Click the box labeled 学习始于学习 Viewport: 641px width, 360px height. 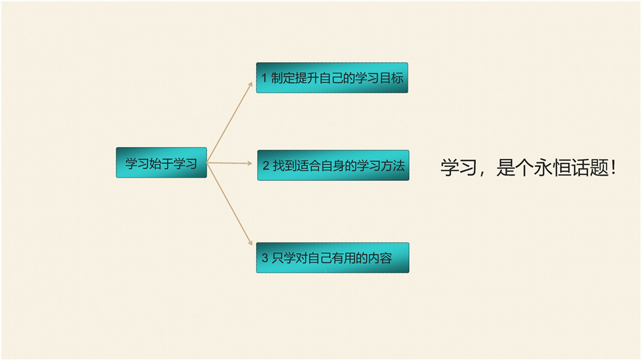tap(162, 162)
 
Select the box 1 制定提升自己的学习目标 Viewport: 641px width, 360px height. tap(332, 77)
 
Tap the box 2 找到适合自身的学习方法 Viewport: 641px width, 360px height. tap(333, 165)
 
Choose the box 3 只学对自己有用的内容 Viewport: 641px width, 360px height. tap(333, 258)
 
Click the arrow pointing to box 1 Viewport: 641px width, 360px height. tap(230, 122)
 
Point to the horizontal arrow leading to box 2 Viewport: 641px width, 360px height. tap(230, 163)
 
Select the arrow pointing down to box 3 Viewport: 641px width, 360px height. tap(230, 204)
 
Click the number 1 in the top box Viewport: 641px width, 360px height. tap(264, 78)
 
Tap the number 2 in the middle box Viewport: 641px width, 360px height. tap(266, 166)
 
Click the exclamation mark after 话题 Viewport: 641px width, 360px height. tap(614, 168)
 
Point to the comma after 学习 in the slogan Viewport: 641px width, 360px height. tap(483, 172)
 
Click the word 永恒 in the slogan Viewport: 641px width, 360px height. tap(552, 168)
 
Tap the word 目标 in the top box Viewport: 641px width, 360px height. tap(391, 77)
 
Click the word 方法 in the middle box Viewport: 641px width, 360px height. tap(392, 166)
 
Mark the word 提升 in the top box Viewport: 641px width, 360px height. tap(307, 77)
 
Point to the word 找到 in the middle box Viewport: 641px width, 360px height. tap(285, 166)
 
